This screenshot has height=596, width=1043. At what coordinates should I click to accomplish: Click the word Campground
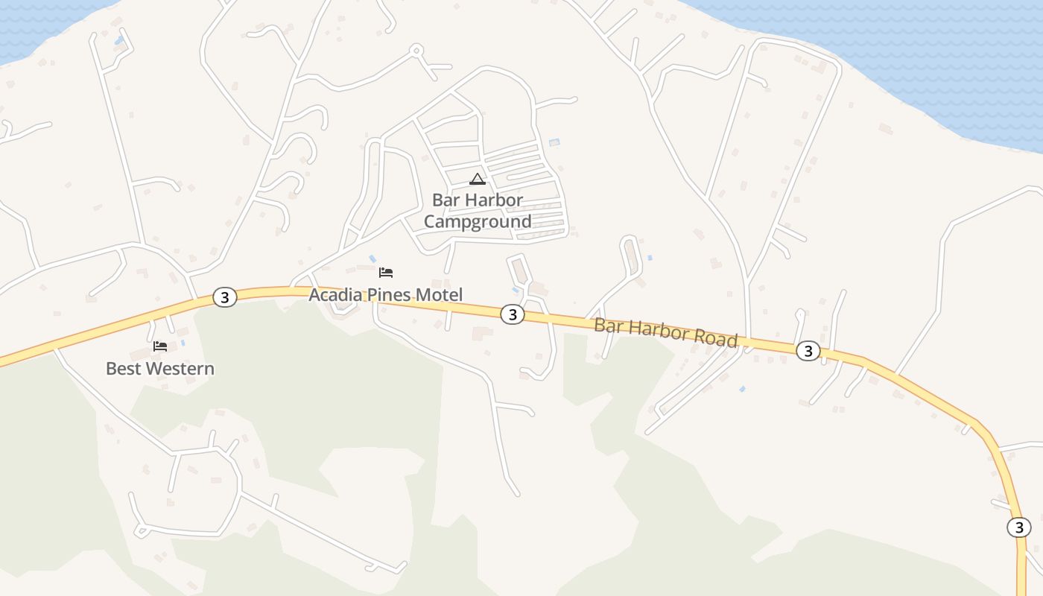478,221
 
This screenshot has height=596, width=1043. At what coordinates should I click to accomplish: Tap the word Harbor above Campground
494,200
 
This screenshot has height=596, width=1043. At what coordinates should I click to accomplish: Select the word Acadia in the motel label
336,295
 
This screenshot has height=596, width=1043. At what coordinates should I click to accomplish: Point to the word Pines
390,295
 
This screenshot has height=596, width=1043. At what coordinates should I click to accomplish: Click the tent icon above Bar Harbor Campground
478,179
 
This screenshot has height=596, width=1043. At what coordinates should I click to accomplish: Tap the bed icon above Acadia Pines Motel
386,273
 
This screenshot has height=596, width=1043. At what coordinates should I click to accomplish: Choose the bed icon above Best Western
160,346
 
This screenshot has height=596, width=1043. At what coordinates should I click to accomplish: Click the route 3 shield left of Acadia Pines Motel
224,297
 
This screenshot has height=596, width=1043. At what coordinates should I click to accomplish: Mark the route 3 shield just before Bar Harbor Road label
512,314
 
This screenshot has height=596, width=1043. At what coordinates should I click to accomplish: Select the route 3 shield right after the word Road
808,351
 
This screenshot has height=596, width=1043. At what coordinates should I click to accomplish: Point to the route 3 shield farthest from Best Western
1018,527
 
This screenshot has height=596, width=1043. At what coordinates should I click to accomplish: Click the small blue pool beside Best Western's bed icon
183,343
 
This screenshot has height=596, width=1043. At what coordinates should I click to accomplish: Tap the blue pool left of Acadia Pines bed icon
372,259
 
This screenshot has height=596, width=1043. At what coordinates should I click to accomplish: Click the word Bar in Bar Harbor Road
607,325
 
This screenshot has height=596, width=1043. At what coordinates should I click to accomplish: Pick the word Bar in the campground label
446,200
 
